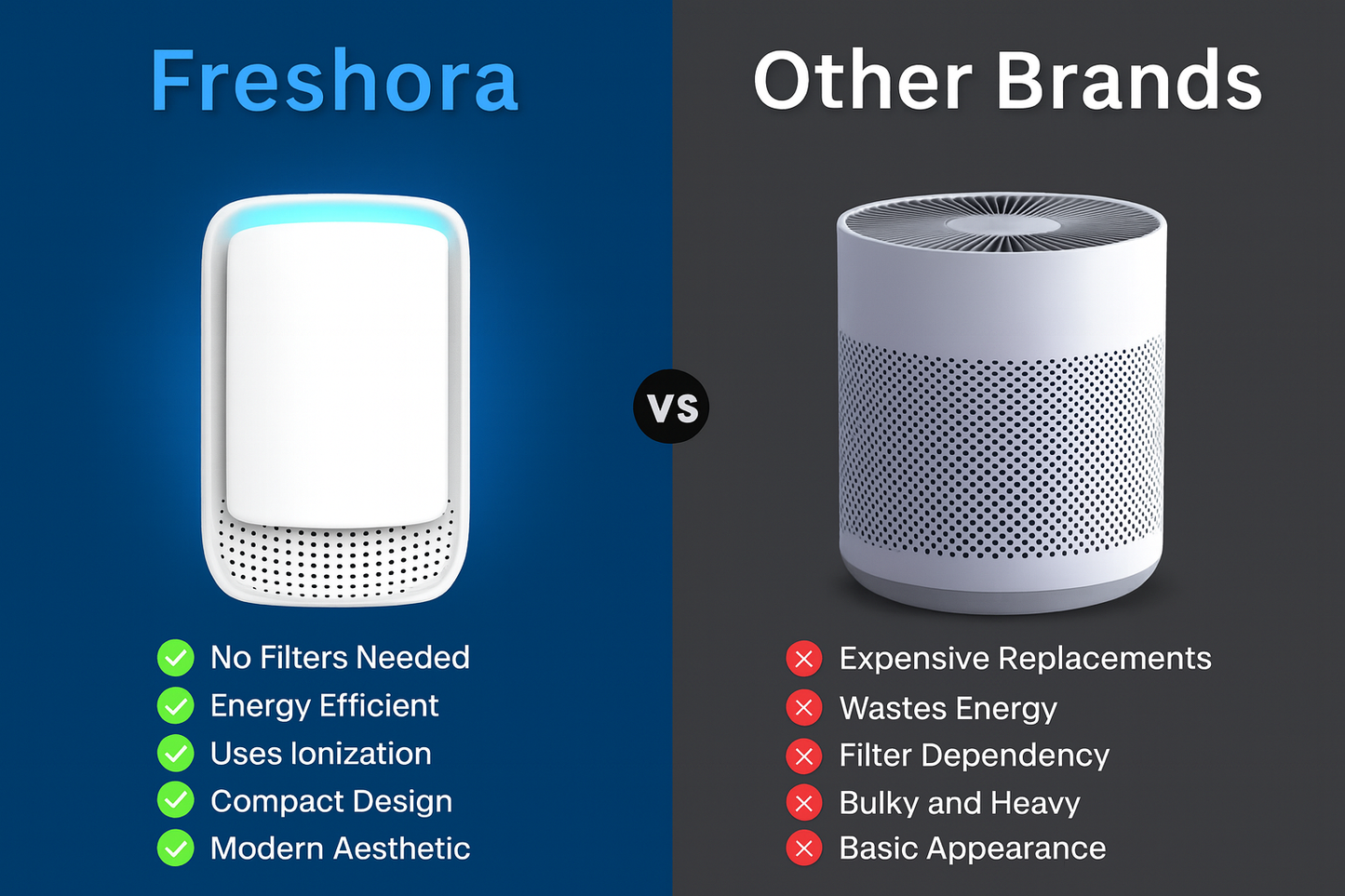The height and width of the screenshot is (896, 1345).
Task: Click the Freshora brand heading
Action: tap(333, 82)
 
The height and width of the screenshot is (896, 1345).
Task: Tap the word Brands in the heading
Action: tap(1129, 82)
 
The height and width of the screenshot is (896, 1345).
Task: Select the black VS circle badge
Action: tap(671, 407)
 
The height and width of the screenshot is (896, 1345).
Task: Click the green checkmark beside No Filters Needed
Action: tap(175, 658)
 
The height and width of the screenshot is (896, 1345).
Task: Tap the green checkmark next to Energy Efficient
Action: tap(175, 705)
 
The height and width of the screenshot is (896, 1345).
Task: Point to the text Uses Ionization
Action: tap(320, 754)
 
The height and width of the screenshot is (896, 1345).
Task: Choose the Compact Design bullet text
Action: tap(330, 801)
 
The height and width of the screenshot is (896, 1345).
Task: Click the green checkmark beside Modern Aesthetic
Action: tap(175, 849)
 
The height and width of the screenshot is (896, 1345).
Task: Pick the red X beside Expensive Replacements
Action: tap(804, 660)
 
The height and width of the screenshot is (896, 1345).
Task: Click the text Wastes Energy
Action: tap(948, 708)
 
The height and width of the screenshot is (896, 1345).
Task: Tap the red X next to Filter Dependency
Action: tap(804, 756)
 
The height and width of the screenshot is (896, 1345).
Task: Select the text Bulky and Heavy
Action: tap(959, 803)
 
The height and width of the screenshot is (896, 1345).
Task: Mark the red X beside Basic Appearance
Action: tap(804, 849)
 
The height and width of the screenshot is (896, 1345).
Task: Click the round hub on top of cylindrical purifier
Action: tap(1002, 225)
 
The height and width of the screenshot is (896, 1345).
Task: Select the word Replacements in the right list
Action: tap(1104, 659)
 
